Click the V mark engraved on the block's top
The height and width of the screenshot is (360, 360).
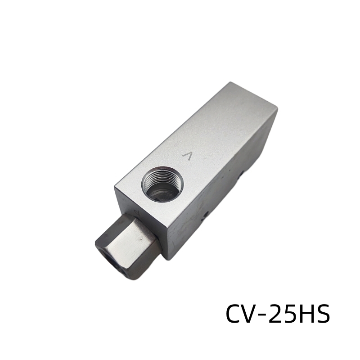click(x=187, y=156)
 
